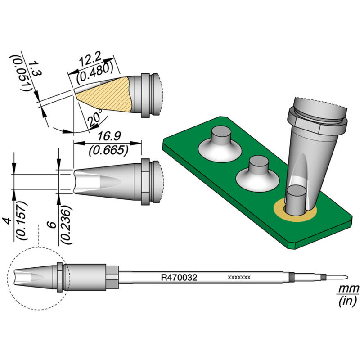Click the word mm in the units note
(347, 288)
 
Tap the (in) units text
(347, 300)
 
